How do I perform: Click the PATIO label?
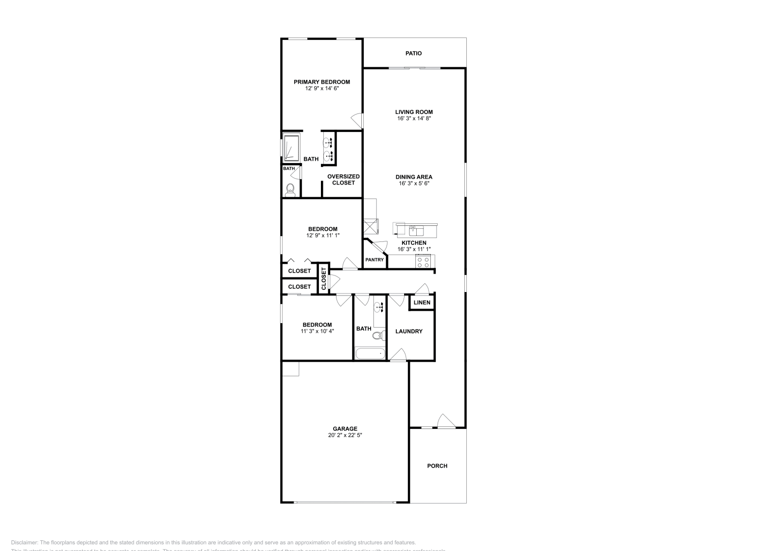click(x=414, y=53)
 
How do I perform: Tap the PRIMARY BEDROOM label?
click(x=321, y=82)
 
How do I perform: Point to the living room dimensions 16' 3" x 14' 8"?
click(x=414, y=118)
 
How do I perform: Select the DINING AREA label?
click(x=414, y=177)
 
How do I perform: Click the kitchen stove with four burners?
click(x=423, y=262)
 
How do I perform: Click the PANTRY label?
click(x=374, y=260)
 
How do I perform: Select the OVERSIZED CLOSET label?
click(x=343, y=180)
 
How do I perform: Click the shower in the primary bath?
click(x=291, y=147)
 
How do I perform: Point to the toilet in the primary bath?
click(x=291, y=189)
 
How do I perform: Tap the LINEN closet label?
click(x=422, y=302)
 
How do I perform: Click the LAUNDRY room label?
click(x=409, y=331)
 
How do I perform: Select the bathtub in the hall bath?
click(x=370, y=353)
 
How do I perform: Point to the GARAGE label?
click(x=345, y=429)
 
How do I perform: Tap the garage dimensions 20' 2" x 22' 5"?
click(x=345, y=435)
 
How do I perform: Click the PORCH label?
click(x=437, y=466)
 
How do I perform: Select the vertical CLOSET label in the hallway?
click(x=323, y=279)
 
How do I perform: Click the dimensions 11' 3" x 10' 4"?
click(x=317, y=331)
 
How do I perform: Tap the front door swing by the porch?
click(x=445, y=421)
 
